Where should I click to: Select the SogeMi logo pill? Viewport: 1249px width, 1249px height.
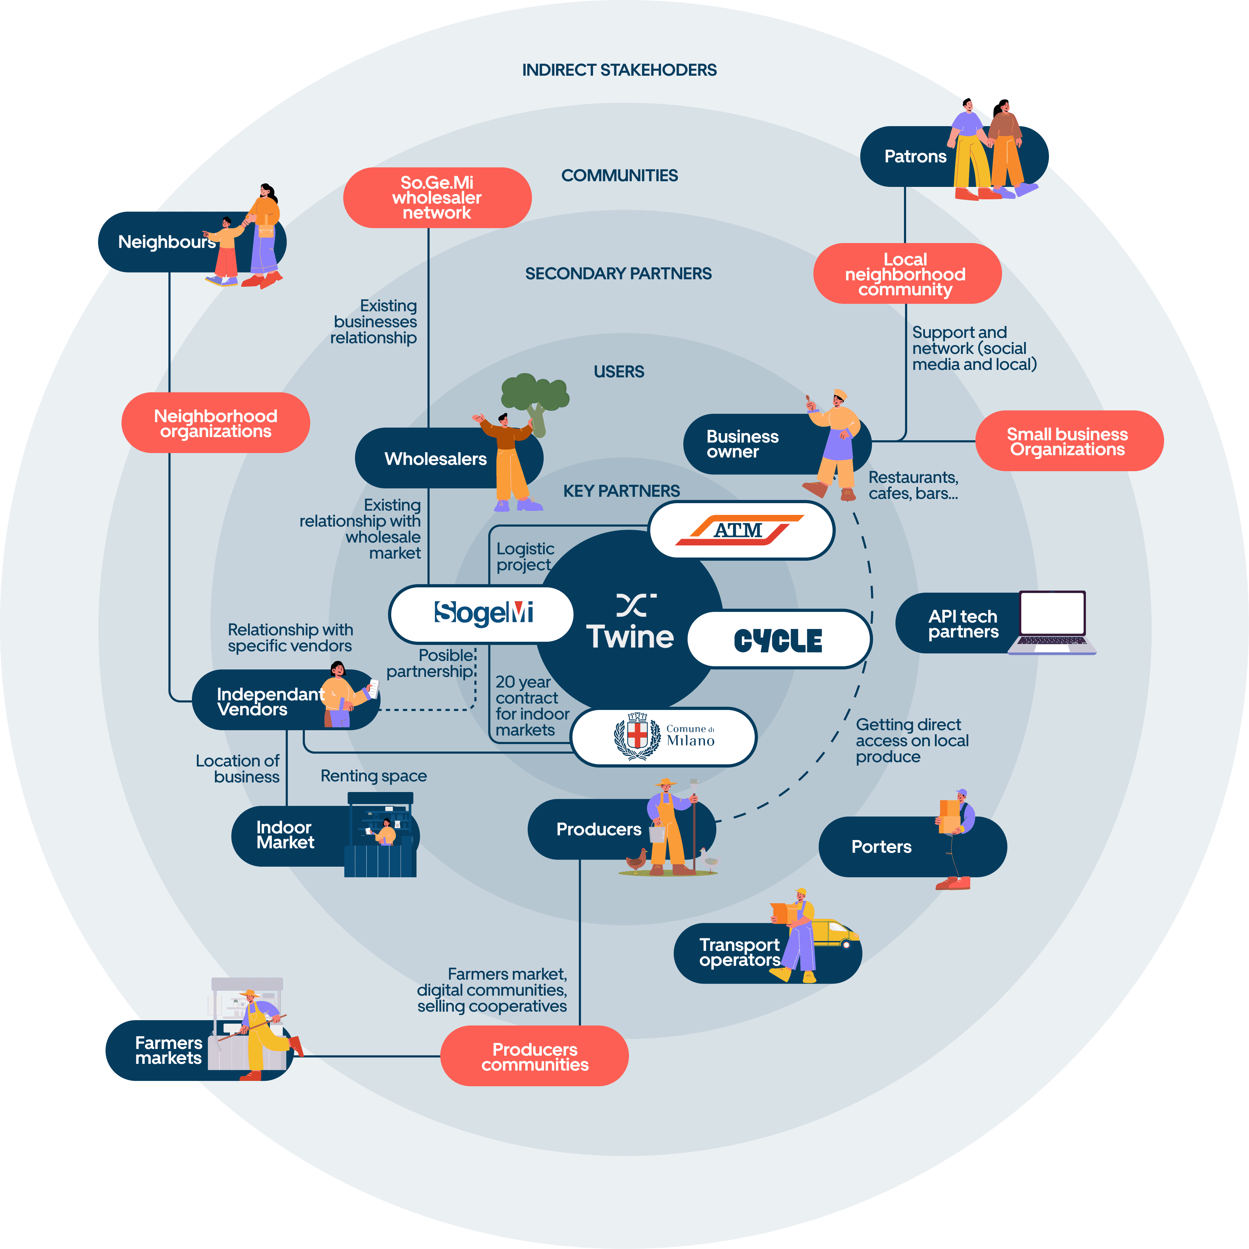[482, 614]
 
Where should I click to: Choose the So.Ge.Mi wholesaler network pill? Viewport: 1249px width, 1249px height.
[437, 198]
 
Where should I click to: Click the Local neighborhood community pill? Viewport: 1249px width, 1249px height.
[907, 274]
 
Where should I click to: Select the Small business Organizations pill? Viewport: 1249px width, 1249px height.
[1068, 441]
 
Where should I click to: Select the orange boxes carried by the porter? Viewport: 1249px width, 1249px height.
[950, 816]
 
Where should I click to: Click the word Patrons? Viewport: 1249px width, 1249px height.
[915, 156]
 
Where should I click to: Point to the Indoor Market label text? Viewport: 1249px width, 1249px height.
[285, 835]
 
